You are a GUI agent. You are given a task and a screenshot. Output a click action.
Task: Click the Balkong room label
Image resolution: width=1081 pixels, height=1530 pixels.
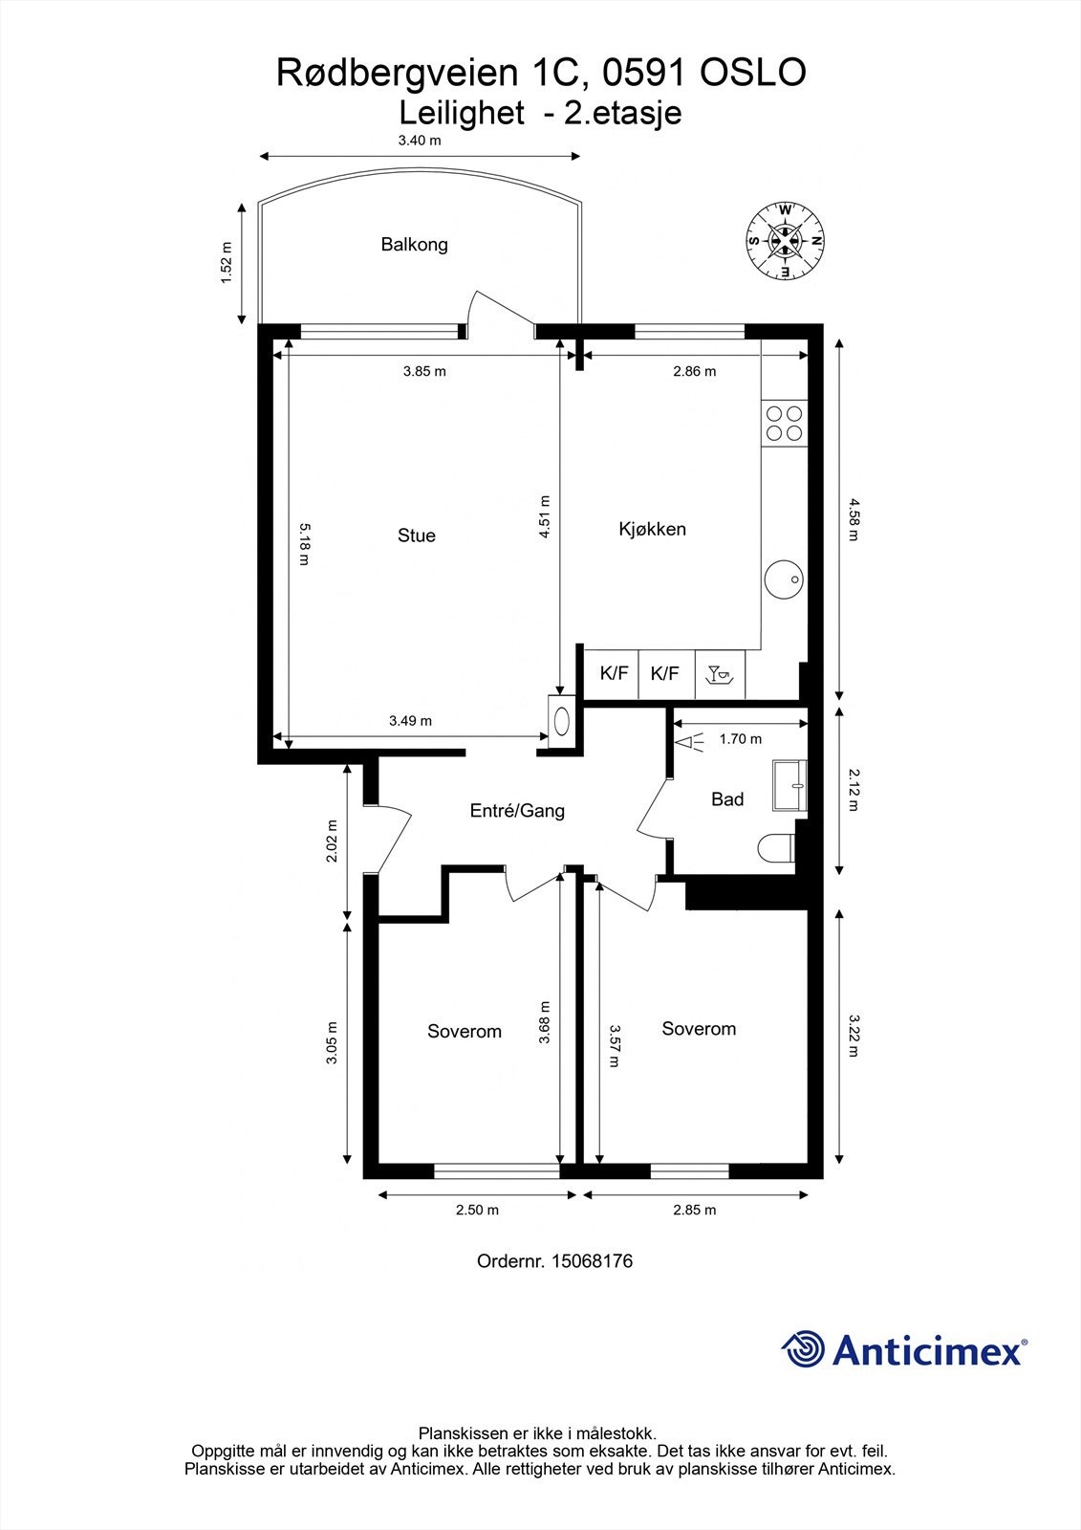[414, 244]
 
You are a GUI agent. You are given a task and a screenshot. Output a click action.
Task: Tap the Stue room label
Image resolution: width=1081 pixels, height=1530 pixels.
[416, 535]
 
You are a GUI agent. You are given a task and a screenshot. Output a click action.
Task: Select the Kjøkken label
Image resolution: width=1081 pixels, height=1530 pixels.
[652, 529]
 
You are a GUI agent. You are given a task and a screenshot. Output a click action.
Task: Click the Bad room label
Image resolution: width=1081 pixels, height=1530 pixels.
[726, 799]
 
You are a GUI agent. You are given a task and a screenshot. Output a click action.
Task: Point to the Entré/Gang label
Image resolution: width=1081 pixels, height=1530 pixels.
[517, 811]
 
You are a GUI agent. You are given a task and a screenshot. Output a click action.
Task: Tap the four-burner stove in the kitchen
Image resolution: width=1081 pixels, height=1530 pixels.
[784, 423]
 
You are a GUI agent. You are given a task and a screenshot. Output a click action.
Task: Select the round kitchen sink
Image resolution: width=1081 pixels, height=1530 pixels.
[783, 579]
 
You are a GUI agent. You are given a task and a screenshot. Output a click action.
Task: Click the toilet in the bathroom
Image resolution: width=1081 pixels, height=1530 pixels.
[775, 847]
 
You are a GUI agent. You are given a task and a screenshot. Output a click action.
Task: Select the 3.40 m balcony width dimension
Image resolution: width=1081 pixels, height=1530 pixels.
[420, 141]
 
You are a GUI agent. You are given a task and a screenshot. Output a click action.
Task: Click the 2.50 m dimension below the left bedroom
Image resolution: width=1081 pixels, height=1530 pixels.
[477, 1210]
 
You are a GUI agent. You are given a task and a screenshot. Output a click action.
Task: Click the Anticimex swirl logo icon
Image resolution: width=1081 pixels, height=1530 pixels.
[803, 1349]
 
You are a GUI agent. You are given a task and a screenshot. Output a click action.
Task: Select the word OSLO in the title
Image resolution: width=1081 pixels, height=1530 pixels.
[753, 73]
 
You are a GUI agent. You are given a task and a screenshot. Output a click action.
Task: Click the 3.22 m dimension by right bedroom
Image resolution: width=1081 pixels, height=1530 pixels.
[853, 1037]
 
